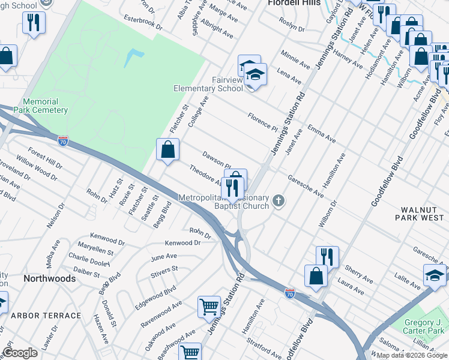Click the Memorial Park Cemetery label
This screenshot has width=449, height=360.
pos(45,106)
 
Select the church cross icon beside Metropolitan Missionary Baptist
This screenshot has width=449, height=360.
pos(278,200)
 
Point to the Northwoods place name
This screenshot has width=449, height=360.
pos(49,279)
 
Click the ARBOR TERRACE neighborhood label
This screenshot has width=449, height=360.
pos(46,316)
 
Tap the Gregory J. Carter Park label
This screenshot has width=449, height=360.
pos(423,326)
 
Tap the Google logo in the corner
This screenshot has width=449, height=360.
pos(20,353)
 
